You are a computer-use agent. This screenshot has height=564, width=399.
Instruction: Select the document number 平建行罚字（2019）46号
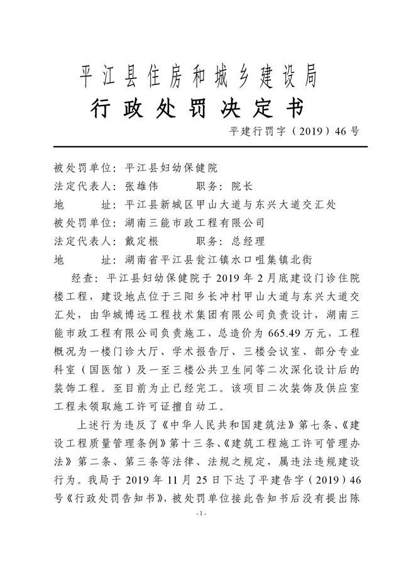[x=296, y=131]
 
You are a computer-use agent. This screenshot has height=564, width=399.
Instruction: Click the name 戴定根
[x=141, y=241]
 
